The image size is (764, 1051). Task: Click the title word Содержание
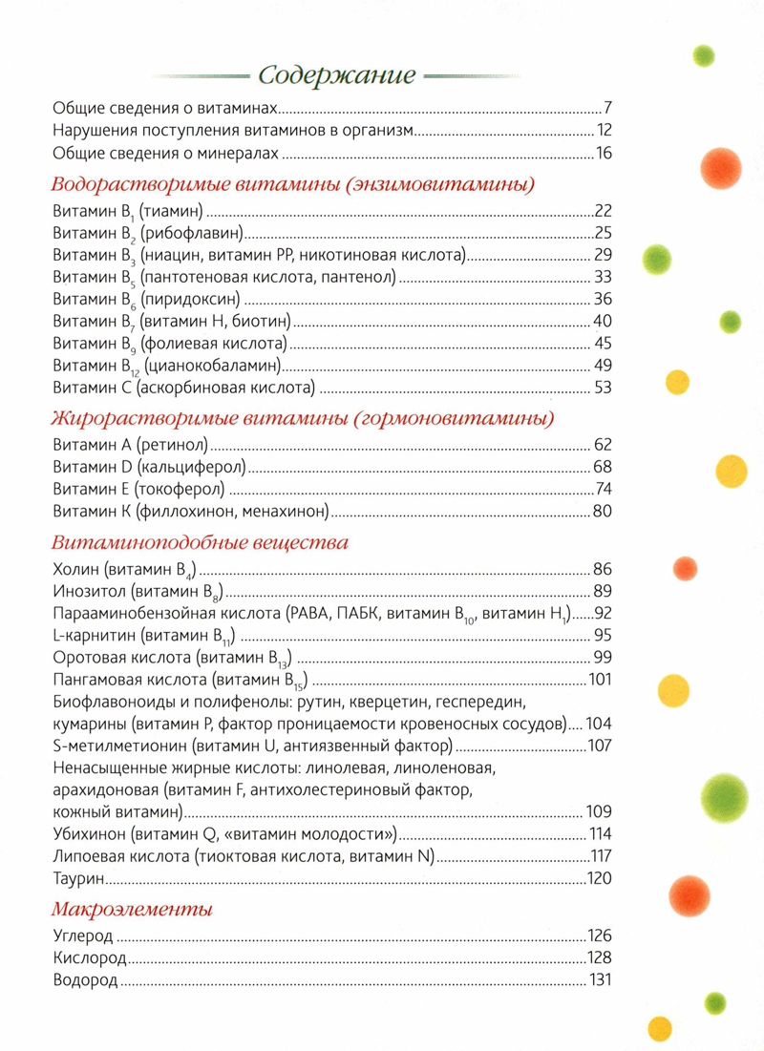pyautogui.click(x=337, y=74)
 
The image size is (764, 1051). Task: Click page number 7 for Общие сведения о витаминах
pyautogui.click(x=605, y=107)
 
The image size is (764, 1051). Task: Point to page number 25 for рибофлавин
pyautogui.click(x=602, y=233)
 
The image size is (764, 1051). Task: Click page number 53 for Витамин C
pyautogui.click(x=602, y=387)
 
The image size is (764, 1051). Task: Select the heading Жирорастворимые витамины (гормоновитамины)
pyautogui.click(x=304, y=417)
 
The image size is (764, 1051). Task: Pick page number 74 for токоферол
pyautogui.click(x=602, y=489)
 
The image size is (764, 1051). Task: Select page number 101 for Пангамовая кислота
pyautogui.click(x=599, y=680)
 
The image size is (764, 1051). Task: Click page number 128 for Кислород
pyautogui.click(x=598, y=957)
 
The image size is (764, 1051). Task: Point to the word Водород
pyautogui.click(x=86, y=979)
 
